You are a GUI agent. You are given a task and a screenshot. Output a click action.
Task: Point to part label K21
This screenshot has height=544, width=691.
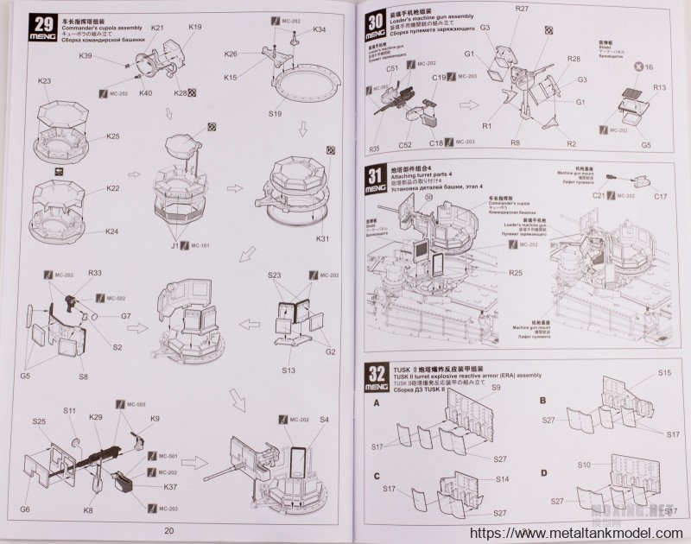(157, 28)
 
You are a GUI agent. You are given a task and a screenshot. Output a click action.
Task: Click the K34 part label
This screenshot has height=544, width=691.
(319, 30)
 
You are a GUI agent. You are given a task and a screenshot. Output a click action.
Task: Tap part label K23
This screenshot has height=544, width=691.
(45, 82)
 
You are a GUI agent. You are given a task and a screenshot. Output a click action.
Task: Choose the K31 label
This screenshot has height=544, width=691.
(324, 238)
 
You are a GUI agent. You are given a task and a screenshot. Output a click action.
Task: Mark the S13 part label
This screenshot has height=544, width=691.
(288, 370)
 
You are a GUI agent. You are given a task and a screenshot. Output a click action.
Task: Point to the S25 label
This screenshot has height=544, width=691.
(39, 422)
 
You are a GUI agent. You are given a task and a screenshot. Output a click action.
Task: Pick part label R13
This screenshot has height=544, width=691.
(659, 87)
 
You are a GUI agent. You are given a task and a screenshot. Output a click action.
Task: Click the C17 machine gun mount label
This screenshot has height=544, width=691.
(661, 196)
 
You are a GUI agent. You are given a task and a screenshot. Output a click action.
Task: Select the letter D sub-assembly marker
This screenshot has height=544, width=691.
(542, 472)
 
